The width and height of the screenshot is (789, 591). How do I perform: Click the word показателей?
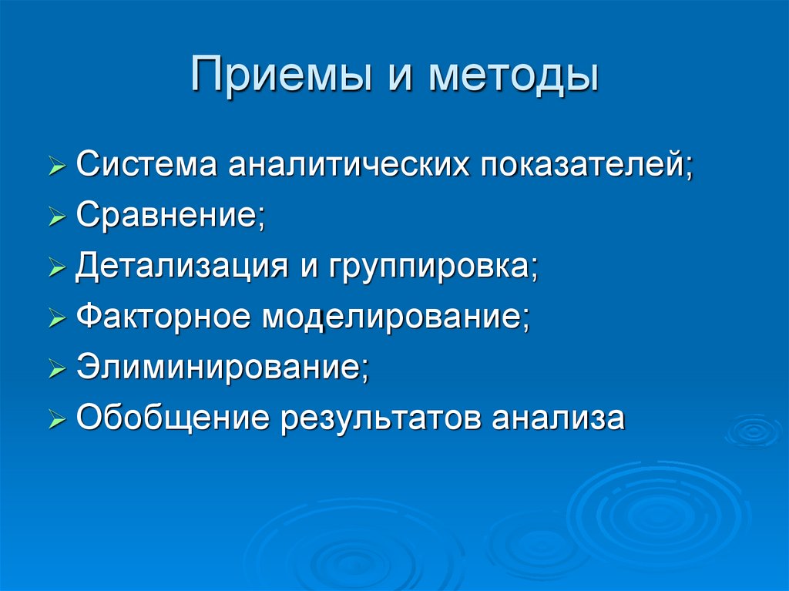(x=587, y=165)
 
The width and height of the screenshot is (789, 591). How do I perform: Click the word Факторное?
(x=163, y=317)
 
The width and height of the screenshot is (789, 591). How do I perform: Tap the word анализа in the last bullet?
(x=558, y=418)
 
